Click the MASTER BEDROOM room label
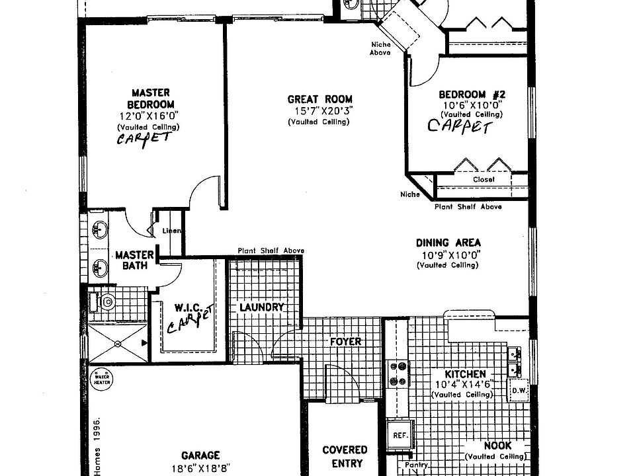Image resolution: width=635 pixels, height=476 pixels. pyautogui.click(x=151, y=99)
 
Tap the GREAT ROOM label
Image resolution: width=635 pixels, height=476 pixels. pyautogui.click(x=319, y=99)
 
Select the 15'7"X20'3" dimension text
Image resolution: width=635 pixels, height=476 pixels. pyautogui.click(x=319, y=111)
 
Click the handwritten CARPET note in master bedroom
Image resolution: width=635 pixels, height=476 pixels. pyautogui.click(x=144, y=139)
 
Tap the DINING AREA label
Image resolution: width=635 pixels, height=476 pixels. pyautogui.click(x=448, y=243)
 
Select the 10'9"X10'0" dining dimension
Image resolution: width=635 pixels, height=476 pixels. pyautogui.click(x=448, y=255)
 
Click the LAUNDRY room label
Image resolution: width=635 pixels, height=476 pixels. pyautogui.click(x=261, y=307)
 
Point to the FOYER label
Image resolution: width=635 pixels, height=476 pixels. pyautogui.click(x=346, y=342)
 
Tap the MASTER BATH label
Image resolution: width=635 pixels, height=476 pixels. pyautogui.click(x=134, y=260)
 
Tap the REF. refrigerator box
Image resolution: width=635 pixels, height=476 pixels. pyautogui.click(x=400, y=436)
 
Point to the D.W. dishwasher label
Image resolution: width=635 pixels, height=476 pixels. pyautogui.click(x=518, y=390)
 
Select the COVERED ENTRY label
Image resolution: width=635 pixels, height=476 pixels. pyautogui.click(x=345, y=456)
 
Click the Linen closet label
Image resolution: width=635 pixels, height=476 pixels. pyautogui.click(x=173, y=231)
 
